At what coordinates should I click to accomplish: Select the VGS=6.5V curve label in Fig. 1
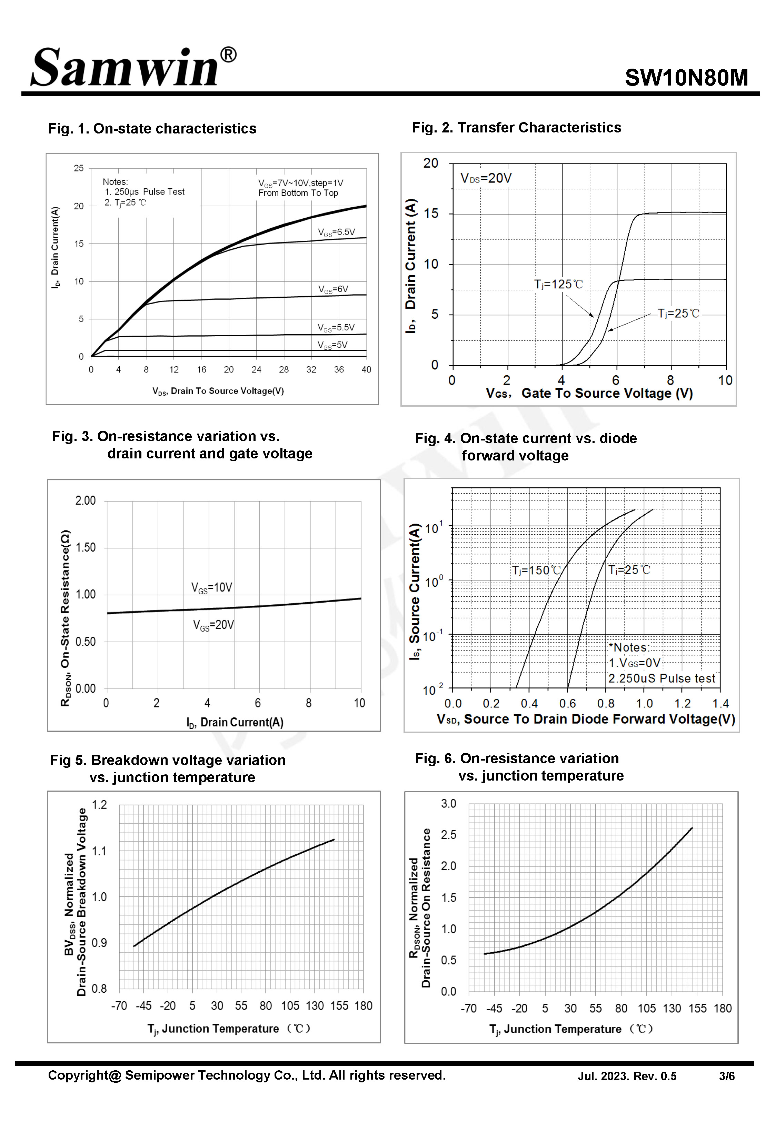click(x=337, y=232)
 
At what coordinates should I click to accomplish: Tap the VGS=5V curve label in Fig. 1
click(x=332, y=345)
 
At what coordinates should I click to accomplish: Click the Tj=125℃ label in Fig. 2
click(x=558, y=284)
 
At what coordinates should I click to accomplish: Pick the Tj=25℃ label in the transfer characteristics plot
click(x=678, y=314)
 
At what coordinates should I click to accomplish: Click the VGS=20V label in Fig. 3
click(x=213, y=625)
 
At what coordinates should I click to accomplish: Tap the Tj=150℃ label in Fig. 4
click(x=536, y=570)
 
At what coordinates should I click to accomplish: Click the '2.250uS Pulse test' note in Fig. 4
click(x=662, y=678)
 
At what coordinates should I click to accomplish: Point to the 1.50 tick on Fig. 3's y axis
click(x=86, y=547)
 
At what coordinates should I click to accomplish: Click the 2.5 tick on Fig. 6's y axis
click(x=448, y=835)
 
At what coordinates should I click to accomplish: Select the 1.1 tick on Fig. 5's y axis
click(x=99, y=851)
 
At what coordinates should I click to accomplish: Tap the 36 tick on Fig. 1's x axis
click(x=339, y=369)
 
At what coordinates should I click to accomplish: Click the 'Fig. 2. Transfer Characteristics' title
click(x=516, y=128)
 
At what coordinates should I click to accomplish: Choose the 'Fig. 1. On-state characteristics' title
click(x=152, y=129)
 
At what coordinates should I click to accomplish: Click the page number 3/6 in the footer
click(x=726, y=1076)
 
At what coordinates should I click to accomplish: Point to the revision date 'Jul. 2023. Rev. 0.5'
click(x=627, y=1076)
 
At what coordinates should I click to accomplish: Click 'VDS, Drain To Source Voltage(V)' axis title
click(x=218, y=391)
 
